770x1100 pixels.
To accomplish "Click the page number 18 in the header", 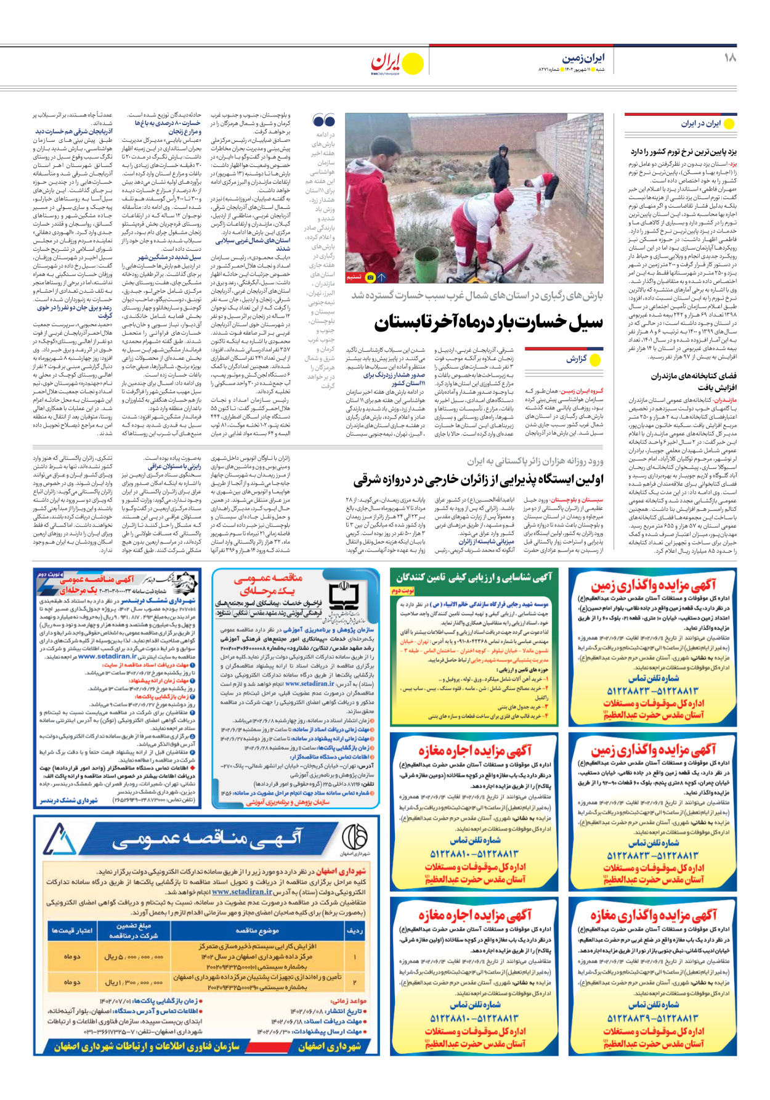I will point(730,58).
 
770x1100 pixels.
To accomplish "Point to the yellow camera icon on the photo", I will point(370,277).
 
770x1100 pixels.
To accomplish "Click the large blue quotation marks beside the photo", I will point(323,120).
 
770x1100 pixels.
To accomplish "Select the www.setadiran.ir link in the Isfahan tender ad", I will point(242,892).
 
